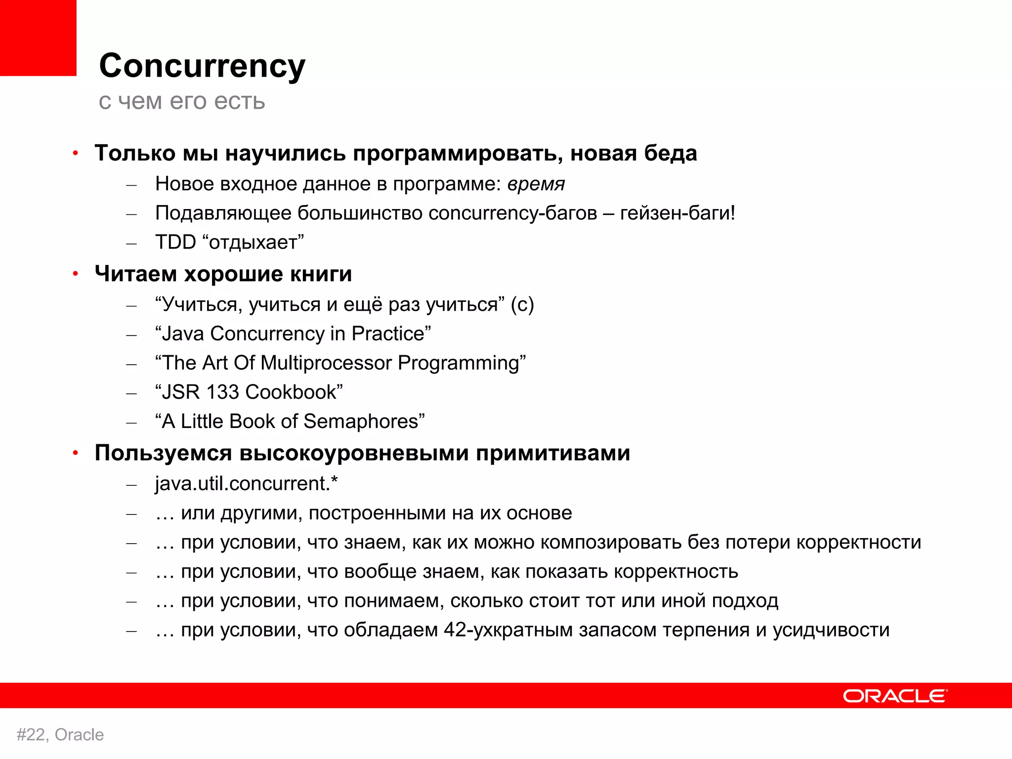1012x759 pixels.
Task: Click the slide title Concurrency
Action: click(x=202, y=66)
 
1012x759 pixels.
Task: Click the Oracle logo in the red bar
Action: click(x=895, y=696)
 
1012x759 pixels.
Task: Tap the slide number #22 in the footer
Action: click(x=32, y=735)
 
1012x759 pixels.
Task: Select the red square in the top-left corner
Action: click(x=38, y=38)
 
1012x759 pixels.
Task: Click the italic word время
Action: click(x=536, y=184)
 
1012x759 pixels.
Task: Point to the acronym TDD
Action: click(x=175, y=242)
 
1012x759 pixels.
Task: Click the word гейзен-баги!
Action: click(x=677, y=213)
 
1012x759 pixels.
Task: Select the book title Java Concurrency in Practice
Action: click(x=293, y=334)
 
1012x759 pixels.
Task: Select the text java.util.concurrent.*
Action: click(x=246, y=483)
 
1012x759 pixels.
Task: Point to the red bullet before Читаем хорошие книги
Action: click(x=76, y=273)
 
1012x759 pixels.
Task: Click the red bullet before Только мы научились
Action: click(x=76, y=153)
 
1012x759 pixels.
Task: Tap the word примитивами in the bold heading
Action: click(x=553, y=453)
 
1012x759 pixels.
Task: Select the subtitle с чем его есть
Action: click(x=182, y=101)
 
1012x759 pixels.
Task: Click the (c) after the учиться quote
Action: click(x=522, y=304)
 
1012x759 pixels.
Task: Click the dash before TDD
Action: click(x=131, y=243)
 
